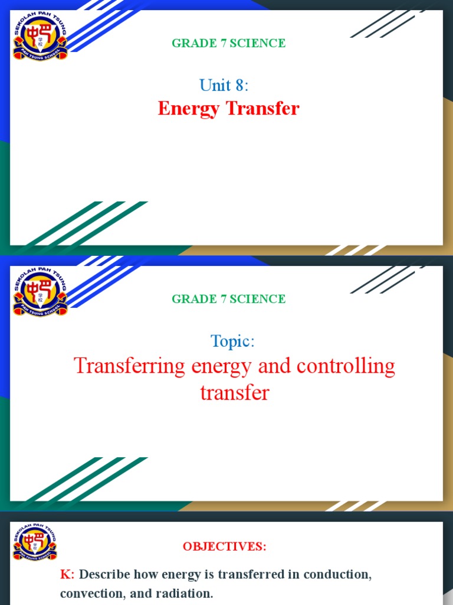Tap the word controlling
coord(346,366)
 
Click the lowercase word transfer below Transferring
coord(235,392)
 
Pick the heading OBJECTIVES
coord(224,547)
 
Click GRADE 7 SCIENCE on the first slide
coord(228,43)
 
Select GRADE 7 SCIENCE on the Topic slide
coord(228,299)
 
